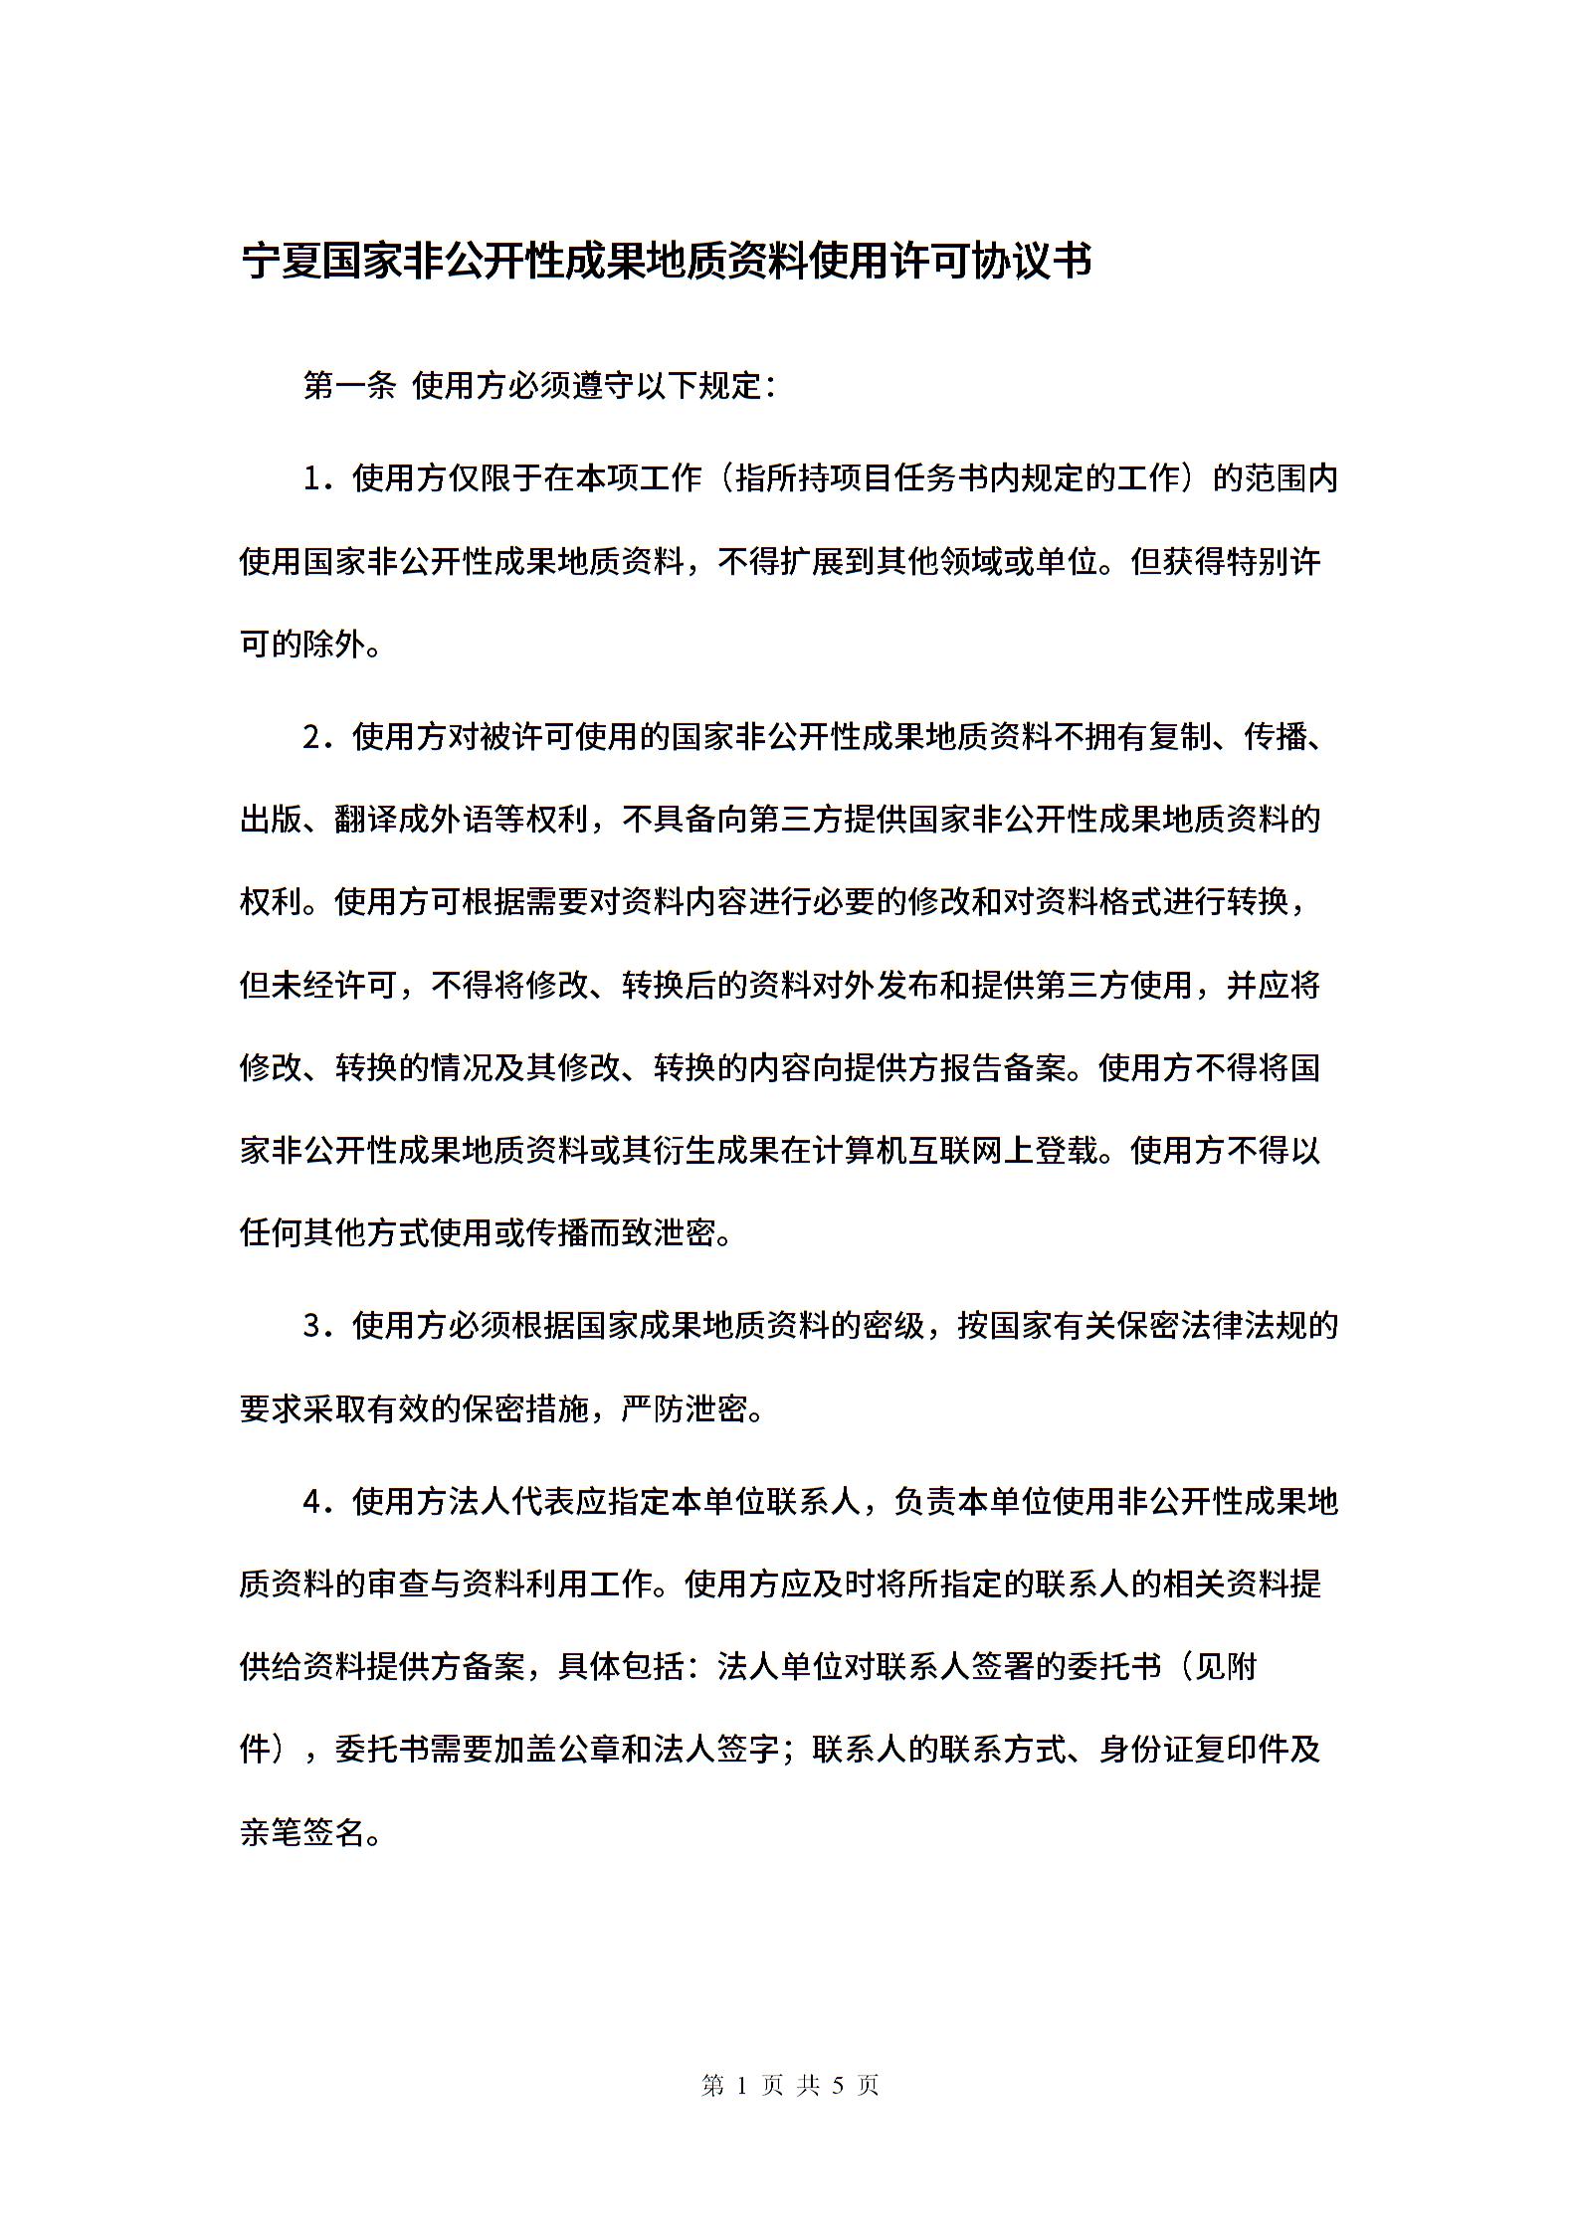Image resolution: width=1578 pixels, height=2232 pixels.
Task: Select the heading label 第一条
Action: coord(349,386)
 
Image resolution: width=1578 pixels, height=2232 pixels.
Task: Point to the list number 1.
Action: coord(317,479)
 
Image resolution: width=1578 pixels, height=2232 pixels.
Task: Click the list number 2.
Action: coord(317,737)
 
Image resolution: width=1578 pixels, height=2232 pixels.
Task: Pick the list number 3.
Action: coord(317,1326)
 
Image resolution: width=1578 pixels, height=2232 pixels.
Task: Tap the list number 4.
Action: coord(317,1502)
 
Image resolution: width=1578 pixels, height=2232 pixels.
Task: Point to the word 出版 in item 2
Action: coord(271,820)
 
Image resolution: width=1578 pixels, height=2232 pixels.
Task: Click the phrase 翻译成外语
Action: coord(414,820)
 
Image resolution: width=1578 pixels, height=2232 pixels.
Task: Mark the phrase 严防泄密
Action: coord(686,1408)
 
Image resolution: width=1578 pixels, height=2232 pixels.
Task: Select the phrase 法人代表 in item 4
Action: coord(510,1502)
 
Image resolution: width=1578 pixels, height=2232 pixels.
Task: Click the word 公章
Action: coord(590,1750)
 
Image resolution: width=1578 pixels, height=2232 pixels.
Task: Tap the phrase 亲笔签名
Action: coord(302,1832)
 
